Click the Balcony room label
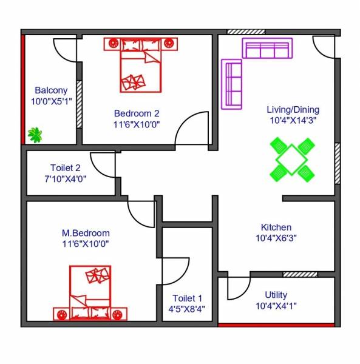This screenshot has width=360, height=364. tap(51, 90)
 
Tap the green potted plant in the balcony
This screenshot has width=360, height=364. tap(35, 135)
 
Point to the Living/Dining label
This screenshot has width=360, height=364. tap(293, 110)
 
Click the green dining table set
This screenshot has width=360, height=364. tap(292, 160)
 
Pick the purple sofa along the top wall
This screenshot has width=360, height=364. tap(267, 48)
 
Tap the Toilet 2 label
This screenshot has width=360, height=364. tap(65, 168)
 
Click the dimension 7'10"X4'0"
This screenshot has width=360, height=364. tap(65, 180)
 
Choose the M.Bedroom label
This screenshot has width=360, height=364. tap(86, 233)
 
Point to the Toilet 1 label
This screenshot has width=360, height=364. tap(187, 298)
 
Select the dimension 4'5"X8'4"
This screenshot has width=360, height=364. tap(187, 309)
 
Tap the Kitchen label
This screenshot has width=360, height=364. tap(276, 227)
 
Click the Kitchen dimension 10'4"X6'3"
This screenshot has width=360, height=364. tap(276, 238)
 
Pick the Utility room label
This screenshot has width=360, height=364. tap(276, 295)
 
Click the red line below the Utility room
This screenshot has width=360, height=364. tap(276, 325)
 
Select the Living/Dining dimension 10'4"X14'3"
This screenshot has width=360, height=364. tap(293, 121)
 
